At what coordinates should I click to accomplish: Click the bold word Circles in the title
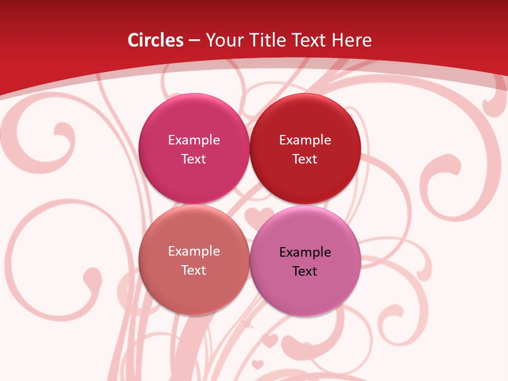tap(156, 40)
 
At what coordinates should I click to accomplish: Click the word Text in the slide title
tap(309, 40)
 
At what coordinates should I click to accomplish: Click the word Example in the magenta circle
tap(194, 140)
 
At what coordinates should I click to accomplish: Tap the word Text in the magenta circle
tap(194, 159)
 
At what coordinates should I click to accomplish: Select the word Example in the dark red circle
tap(305, 140)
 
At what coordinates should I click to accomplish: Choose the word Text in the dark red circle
tap(305, 159)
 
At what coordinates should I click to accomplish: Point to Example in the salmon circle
tap(194, 251)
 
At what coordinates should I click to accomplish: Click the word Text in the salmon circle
tap(194, 270)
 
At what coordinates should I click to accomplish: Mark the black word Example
tap(305, 252)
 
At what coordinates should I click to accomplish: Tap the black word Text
tap(305, 271)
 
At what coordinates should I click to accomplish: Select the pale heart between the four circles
tap(256, 216)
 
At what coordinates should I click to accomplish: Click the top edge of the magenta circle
tap(194, 94)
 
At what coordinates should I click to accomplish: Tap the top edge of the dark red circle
tap(305, 94)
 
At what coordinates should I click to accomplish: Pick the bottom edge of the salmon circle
tap(194, 315)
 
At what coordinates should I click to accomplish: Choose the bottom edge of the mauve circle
tap(305, 316)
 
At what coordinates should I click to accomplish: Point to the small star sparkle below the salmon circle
tap(245, 321)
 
